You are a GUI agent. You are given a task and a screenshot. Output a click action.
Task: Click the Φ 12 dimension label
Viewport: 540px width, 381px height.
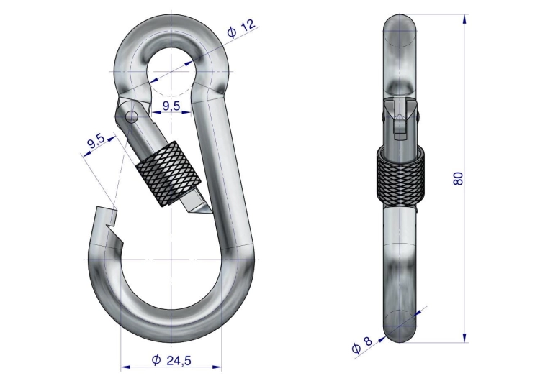[242, 28]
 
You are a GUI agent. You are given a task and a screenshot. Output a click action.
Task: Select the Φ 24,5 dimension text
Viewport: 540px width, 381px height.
[171, 360]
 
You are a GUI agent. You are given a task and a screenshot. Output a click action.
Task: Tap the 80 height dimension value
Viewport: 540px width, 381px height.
[458, 178]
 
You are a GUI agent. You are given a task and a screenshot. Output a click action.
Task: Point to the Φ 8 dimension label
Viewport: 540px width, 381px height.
[362, 345]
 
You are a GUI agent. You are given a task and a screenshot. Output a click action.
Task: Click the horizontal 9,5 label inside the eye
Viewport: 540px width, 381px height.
[171, 106]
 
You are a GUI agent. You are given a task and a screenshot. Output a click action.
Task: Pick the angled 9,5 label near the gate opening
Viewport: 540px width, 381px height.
[95, 141]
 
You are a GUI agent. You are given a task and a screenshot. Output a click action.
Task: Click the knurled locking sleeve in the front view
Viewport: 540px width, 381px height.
[168, 174]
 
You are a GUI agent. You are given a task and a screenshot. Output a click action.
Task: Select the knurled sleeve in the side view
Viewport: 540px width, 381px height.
[400, 175]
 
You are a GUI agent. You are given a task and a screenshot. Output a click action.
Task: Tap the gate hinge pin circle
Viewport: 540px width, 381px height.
[132, 116]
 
